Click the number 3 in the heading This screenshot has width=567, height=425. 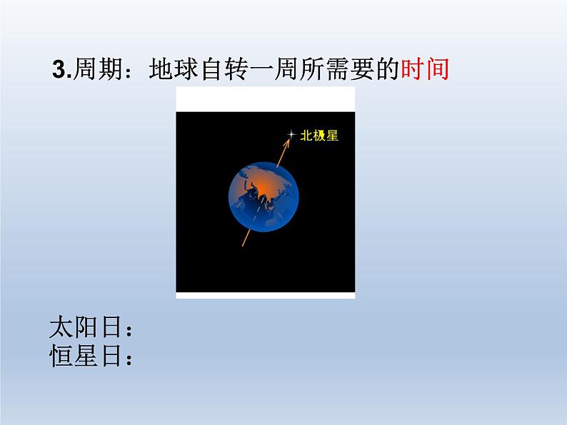(60, 69)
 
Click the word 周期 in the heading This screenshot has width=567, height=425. (98, 68)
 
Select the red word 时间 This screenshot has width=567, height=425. (426, 68)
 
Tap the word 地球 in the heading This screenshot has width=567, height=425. (174, 68)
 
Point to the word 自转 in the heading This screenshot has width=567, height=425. (224, 68)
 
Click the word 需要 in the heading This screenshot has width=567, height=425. (350, 68)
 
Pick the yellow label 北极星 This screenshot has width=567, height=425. (319, 135)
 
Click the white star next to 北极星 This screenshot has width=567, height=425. (291, 135)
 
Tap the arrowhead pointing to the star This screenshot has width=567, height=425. (286, 143)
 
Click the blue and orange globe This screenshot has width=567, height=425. (264, 197)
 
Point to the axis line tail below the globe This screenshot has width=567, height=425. (246, 239)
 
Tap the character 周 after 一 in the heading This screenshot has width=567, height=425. (286, 68)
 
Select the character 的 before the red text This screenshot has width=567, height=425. (388, 68)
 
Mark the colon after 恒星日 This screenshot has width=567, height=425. (129, 358)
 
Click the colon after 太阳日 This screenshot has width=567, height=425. (129, 329)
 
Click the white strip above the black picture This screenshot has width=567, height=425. (266, 99)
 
